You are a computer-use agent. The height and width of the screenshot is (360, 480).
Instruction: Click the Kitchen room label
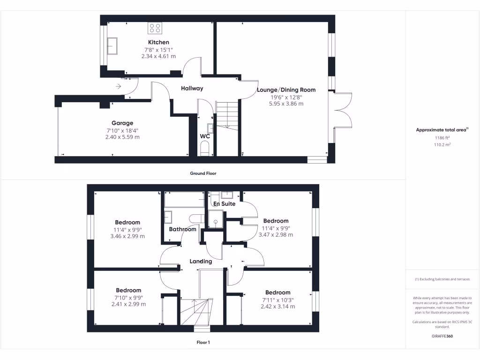click(158, 42)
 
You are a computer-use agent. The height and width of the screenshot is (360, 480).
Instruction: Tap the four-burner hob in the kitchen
click(155, 29)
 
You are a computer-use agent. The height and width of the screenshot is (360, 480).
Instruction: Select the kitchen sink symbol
click(112, 46)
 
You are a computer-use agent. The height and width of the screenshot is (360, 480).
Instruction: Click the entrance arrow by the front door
click(119, 86)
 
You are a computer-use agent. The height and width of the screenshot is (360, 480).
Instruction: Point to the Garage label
click(122, 123)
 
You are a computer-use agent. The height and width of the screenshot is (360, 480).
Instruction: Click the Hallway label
click(192, 88)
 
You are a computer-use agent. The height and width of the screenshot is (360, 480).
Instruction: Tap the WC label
click(205, 136)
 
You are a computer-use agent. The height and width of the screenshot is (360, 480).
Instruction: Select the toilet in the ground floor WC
click(205, 150)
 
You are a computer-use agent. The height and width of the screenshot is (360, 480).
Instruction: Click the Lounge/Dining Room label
click(286, 90)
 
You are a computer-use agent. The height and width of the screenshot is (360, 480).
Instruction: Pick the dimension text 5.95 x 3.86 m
click(286, 104)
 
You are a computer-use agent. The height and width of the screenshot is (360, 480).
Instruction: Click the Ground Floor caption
click(203, 173)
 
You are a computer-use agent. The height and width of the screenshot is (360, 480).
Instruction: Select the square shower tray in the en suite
click(216, 218)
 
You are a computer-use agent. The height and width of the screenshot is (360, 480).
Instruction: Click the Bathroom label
click(182, 229)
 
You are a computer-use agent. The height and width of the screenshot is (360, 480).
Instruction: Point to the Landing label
click(201, 262)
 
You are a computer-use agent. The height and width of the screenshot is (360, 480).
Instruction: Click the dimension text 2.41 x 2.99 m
click(128, 304)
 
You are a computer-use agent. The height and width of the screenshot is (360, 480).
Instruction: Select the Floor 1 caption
click(203, 343)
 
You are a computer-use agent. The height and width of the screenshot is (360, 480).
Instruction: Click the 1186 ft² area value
click(442, 139)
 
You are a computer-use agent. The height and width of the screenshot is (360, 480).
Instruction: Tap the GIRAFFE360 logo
click(442, 336)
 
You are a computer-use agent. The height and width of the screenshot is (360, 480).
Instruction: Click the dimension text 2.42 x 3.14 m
click(277, 307)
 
